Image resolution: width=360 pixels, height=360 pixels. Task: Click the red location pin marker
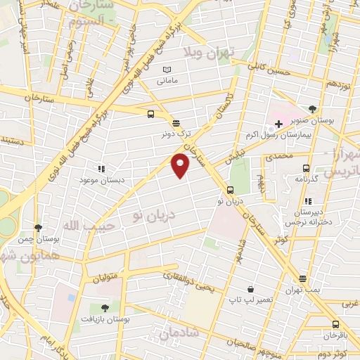(180, 165)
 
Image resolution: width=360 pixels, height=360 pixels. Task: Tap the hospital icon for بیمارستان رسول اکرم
(278, 124)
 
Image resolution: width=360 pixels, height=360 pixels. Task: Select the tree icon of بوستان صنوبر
(313, 109)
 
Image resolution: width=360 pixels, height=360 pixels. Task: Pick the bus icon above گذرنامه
(306, 168)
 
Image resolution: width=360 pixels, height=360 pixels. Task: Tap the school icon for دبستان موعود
(101, 169)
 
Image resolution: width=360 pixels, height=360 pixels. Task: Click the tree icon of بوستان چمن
(38, 228)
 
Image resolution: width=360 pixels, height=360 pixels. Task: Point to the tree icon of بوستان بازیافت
(105, 307)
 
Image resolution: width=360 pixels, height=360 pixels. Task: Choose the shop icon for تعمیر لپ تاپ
(250, 289)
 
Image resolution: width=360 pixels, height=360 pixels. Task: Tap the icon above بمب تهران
(302, 278)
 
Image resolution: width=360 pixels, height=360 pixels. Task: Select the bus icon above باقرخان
(335, 324)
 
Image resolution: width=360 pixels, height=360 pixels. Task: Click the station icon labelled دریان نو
(230, 190)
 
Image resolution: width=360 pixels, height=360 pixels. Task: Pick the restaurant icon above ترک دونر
(175, 122)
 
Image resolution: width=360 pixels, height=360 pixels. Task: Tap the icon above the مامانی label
(167, 70)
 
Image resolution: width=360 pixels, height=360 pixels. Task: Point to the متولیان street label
(108, 264)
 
